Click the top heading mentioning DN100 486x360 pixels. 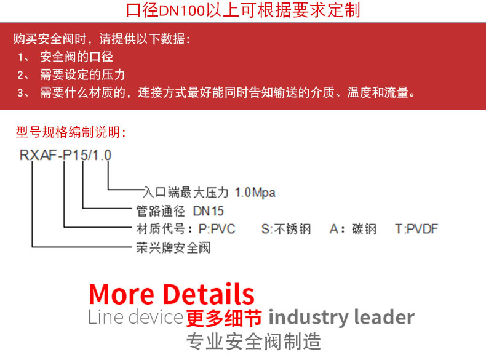243,10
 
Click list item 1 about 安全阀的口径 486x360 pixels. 76,57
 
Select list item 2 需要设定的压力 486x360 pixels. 82,75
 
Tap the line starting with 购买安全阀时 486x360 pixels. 102,39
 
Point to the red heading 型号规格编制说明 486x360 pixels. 71,132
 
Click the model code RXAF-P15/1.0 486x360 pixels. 65,155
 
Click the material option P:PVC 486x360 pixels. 217,230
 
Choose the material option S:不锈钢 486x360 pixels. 286,230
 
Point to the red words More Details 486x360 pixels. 172,294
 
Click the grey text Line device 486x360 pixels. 135,318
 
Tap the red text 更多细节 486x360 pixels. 224,318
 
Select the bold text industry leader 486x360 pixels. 341,318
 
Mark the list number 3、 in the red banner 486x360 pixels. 23,93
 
